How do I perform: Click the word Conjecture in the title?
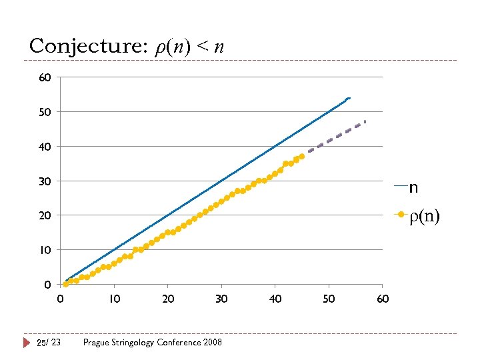point(82,46)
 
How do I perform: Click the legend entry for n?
point(413,187)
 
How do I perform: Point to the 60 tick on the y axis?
point(45,78)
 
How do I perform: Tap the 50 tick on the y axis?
point(45,112)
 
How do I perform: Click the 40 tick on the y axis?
point(45,147)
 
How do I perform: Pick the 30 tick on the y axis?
point(45,181)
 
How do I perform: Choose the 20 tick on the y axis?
point(45,215)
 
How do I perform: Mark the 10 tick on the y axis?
point(45,250)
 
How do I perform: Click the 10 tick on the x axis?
point(114,299)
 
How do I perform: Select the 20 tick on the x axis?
point(168,299)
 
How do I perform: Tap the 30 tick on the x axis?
point(221,299)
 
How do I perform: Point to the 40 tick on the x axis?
point(275,299)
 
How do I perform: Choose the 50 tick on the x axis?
point(329,299)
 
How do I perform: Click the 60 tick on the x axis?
point(383,299)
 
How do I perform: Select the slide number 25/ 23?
point(48,342)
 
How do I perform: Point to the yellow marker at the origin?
point(65,284)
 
